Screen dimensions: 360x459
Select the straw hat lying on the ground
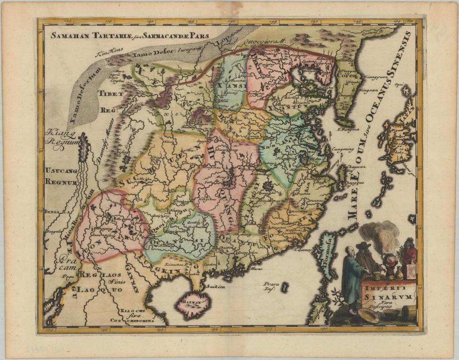[369, 316]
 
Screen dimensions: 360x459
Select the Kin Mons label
[106, 54]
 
